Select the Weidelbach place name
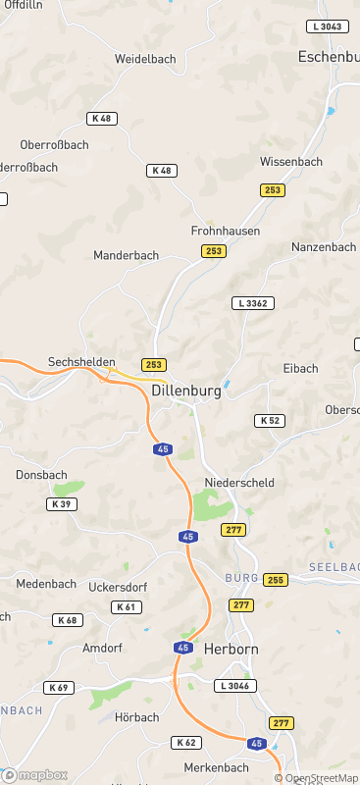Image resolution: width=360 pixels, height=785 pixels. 145,59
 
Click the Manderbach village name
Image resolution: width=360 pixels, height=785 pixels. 126,255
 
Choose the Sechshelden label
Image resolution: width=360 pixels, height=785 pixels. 82,361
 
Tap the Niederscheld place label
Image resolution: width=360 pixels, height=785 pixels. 239,483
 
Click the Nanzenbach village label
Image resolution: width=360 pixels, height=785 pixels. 324,247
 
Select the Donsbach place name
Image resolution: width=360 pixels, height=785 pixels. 41,475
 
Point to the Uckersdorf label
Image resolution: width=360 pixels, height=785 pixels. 117,586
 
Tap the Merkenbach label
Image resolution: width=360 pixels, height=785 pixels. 216,766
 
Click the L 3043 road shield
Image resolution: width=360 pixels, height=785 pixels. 327,26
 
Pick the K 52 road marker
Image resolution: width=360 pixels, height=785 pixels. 270,420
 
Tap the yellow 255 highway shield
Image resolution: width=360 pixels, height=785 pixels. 275,579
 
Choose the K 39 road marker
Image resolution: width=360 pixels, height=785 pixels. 60,503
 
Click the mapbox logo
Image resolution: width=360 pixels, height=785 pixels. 35,775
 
